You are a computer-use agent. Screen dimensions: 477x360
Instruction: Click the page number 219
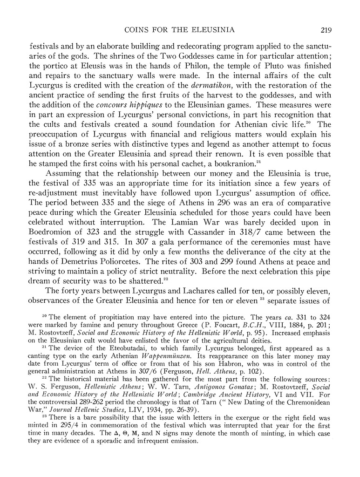pos(325,30)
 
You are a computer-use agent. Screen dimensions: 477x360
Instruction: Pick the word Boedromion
pos(54,233)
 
